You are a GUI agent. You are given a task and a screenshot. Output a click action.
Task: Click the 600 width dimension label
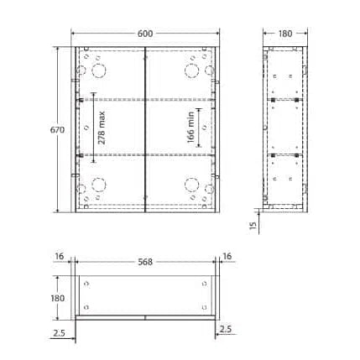click(x=145, y=34)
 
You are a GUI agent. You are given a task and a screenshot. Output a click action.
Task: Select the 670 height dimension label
click(x=57, y=130)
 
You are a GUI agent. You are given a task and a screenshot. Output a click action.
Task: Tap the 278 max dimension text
click(x=102, y=128)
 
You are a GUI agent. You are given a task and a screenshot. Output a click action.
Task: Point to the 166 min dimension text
click(x=190, y=127)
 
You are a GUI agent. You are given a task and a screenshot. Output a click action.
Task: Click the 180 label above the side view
click(x=285, y=34)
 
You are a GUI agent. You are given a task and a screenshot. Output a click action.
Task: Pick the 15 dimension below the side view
click(x=253, y=226)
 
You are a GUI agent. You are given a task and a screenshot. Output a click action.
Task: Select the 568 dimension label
click(x=145, y=262)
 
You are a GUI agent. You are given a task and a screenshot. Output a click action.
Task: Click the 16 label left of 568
click(x=60, y=256)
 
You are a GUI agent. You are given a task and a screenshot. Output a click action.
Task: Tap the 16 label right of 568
click(x=227, y=256)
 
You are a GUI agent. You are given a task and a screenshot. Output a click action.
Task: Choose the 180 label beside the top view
click(x=58, y=298)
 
